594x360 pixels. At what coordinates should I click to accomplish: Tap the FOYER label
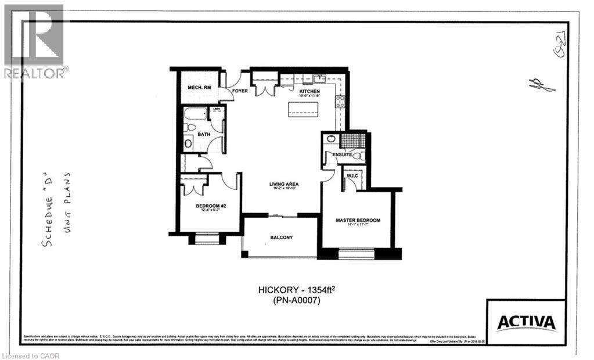(x=240, y=91)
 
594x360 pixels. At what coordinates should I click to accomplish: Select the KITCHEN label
(x=309, y=92)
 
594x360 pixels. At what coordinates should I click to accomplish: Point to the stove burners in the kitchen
(x=340, y=102)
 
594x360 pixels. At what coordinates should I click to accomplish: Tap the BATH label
(x=204, y=134)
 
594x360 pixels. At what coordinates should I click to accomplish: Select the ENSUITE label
(x=341, y=155)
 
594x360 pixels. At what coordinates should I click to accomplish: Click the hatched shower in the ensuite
(x=353, y=140)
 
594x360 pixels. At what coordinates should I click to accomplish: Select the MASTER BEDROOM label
(x=358, y=220)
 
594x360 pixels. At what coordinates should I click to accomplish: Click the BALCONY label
(x=282, y=237)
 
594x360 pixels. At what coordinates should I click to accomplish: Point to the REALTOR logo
(x=34, y=41)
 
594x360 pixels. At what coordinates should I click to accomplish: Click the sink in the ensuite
(x=331, y=139)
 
